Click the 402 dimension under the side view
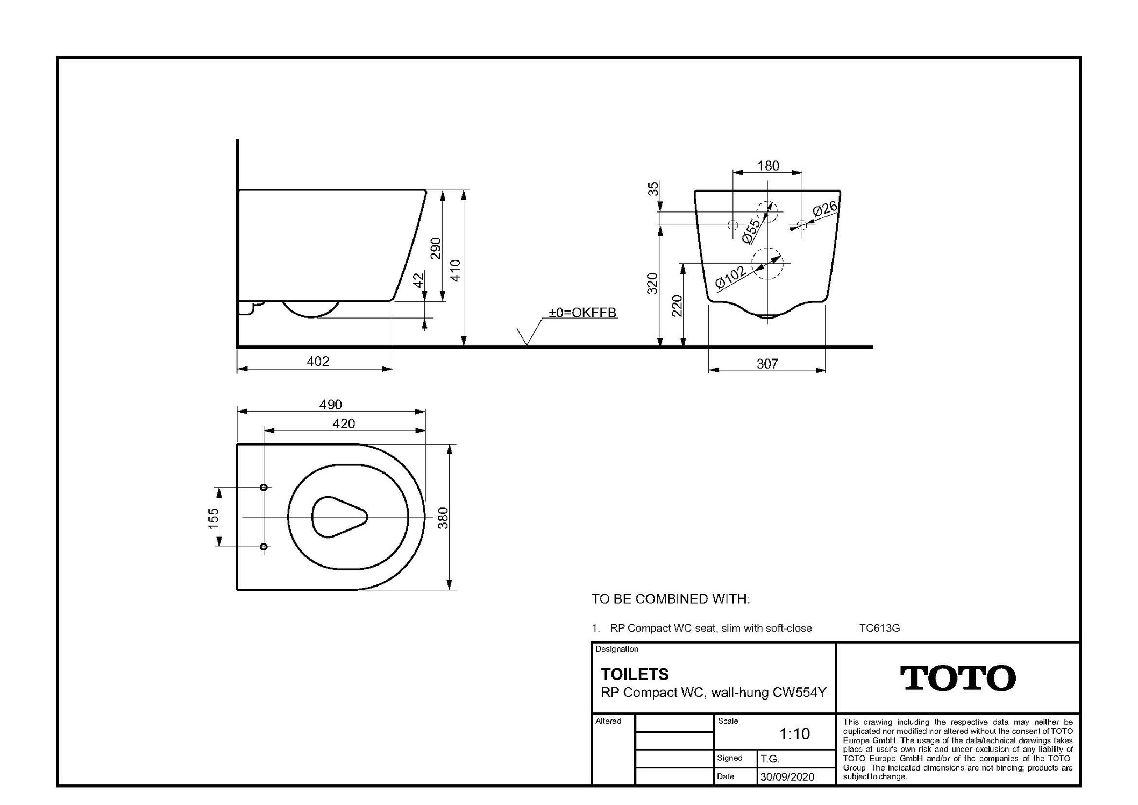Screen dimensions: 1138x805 (318, 361)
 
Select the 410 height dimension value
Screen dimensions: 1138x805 (455, 270)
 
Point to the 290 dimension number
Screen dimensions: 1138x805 (436, 248)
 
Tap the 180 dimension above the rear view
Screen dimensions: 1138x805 (768, 166)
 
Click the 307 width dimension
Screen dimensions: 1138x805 (767, 364)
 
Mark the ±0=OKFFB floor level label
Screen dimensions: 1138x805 (582, 313)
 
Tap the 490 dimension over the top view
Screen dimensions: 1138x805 (330, 405)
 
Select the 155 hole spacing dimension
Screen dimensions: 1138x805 (214, 518)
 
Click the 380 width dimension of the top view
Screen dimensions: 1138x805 (443, 518)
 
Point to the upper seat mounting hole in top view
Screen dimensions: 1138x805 (264, 488)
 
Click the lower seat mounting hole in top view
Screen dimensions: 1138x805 (264, 547)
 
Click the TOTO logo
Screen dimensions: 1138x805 (958, 678)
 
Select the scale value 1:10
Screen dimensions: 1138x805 (794, 733)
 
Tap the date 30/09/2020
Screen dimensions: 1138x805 (787, 776)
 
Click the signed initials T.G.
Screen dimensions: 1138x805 (770, 759)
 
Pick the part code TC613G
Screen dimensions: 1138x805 (879, 628)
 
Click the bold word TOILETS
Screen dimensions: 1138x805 (635, 674)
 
